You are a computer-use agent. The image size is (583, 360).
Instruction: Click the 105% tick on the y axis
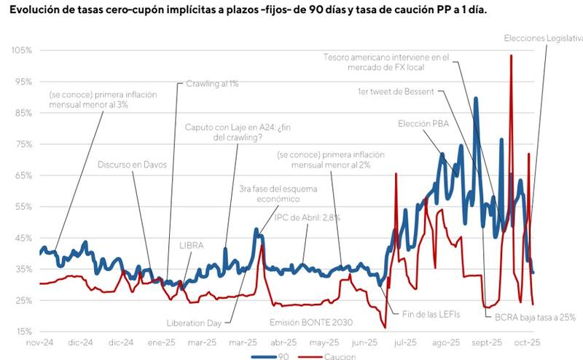coord(21,50)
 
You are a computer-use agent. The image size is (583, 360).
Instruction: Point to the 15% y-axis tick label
coord(23,332)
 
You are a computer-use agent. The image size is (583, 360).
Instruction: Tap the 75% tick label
coord(23,144)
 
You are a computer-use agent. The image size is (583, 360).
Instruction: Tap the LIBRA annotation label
coord(191,246)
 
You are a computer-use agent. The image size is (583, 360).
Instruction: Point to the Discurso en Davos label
coord(133,165)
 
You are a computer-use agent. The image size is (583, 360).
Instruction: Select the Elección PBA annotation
coord(423,124)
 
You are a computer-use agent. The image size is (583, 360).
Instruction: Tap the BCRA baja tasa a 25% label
coord(531,317)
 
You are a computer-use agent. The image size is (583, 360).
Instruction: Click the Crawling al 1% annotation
coord(212,84)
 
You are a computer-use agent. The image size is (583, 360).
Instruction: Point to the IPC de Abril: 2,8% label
coord(307,217)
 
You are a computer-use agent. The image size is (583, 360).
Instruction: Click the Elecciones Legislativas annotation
coord(543,37)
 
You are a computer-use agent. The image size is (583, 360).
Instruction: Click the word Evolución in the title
coord(33,11)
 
